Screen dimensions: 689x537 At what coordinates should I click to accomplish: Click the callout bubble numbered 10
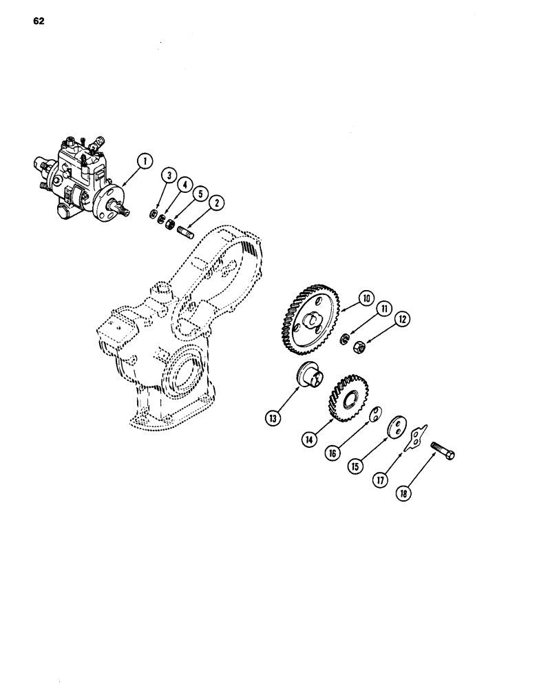pos(364,298)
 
